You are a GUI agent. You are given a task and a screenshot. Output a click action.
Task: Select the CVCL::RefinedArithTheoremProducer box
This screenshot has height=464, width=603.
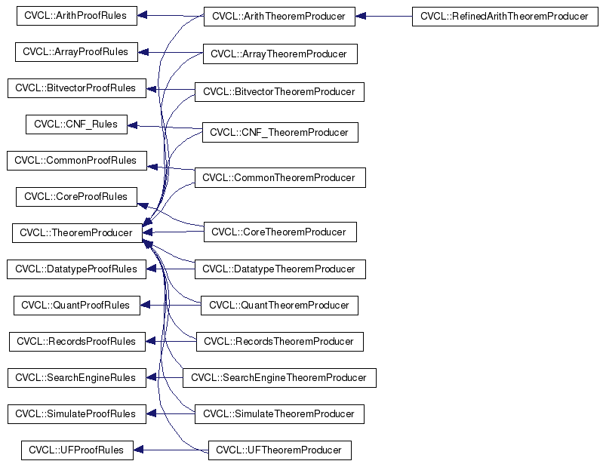click(x=503, y=16)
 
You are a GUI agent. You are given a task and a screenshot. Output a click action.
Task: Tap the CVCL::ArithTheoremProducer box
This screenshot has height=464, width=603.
click(x=278, y=16)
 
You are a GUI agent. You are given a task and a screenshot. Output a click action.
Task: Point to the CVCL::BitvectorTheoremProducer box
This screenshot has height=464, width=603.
click(x=279, y=92)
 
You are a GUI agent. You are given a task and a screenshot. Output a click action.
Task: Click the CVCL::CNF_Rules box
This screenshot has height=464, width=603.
click(x=75, y=124)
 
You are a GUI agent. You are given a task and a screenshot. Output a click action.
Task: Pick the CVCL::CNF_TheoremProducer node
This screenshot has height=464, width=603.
click(x=279, y=133)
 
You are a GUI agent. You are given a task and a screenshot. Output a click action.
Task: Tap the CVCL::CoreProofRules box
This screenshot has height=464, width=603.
click(x=76, y=197)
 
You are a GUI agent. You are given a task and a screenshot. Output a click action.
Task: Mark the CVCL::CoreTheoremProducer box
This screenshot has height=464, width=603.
click(x=279, y=232)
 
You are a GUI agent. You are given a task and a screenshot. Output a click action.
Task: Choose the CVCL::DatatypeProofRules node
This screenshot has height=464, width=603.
click(x=76, y=269)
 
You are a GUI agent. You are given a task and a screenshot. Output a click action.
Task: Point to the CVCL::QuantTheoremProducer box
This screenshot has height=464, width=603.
click(x=279, y=306)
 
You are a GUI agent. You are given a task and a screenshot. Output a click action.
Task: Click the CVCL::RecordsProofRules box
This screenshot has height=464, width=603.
click(x=76, y=341)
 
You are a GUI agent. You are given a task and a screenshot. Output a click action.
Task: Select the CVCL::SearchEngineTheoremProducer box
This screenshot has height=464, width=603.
click(x=279, y=378)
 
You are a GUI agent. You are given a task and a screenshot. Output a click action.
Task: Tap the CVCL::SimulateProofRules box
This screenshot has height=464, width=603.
click(x=76, y=414)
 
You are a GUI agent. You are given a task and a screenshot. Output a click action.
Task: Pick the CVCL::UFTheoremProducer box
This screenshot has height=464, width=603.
click(x=279, y=450)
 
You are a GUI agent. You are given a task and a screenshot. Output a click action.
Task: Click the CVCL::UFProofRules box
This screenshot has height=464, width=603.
click(x=76, y=450)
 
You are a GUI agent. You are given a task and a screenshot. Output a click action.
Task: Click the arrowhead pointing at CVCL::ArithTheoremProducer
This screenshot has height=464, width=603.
click(x=361, y=16)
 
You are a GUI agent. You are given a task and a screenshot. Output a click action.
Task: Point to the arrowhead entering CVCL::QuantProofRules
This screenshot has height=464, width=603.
click(x=146, y=306)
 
